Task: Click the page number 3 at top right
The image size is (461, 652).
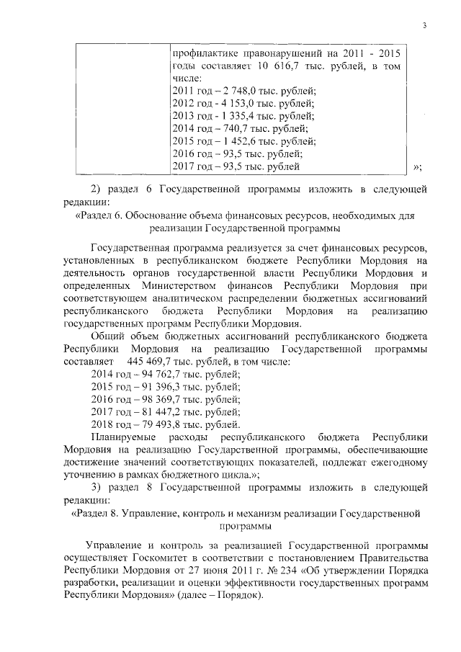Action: click(425, 27)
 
